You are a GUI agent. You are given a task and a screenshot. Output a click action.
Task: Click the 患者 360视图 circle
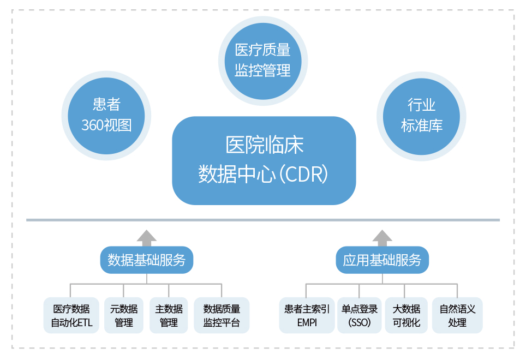coord(106,115)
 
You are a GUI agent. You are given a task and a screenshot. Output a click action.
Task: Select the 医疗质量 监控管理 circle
coord(262,61)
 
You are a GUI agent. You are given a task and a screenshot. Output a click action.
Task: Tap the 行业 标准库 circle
coord(421,115)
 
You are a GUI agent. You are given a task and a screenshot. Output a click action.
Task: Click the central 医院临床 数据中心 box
coord(264,160)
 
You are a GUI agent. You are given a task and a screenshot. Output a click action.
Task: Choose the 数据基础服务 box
coord(146,260)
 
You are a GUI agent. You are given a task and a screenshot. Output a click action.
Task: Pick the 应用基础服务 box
coord(382,260)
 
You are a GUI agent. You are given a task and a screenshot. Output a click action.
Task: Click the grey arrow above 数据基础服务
coord(146,238)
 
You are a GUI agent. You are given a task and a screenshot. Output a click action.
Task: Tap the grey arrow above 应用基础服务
coord(382,238)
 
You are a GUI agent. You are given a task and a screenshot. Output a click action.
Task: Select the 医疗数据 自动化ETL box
coord(71,315)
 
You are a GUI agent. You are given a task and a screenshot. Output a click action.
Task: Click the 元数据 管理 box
coord(124,315)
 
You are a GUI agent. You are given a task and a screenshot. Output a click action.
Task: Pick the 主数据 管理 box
coord(169,315)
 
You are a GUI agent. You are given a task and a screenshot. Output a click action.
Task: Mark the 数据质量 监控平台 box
coord(221,315)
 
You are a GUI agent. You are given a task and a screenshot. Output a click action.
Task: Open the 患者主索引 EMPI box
coord(307,315)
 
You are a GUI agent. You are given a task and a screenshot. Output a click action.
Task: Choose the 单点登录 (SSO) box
coord(360,315)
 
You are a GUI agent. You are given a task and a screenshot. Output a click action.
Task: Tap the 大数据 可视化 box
coord(406,315)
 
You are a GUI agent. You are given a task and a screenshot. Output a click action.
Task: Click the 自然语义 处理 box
coord(457,315)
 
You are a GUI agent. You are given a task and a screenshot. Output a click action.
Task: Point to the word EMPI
coord(307,322)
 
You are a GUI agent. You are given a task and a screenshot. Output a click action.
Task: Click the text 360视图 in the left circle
coord(106,125)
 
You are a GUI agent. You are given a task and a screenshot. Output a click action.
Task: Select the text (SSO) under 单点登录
coord(360,322)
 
